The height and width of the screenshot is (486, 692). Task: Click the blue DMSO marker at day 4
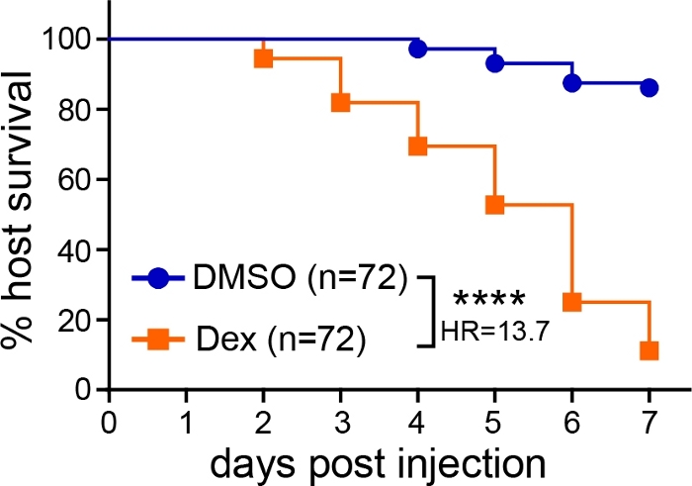click(x=417, y=49)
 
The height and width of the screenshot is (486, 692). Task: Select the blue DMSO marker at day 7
click(x=649, y=87)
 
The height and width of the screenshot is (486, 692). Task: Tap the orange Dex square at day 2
click(x=263, y=58)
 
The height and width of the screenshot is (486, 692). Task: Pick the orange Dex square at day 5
click(x=494, y=204)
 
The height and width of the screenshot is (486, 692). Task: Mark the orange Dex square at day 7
click(x=649, y=350)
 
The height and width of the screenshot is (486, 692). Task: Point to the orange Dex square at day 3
click(x=340, y=102)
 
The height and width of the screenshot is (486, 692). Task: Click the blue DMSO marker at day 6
click(x=571, y=83)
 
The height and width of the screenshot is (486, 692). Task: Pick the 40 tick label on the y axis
click(x=76, y=249)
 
